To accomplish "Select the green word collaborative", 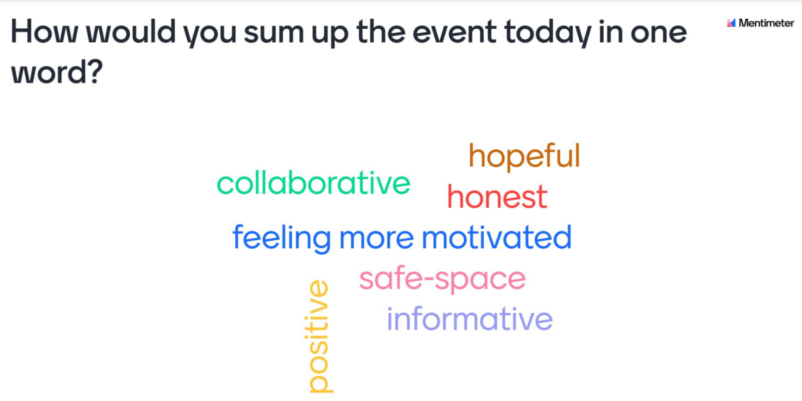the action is tap(314, 183).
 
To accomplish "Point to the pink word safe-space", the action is tap(442, 279).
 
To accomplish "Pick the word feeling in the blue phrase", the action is tap(281, 238).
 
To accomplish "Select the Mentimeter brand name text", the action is tap(766, 23).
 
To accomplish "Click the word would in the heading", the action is tap(131, 31).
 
